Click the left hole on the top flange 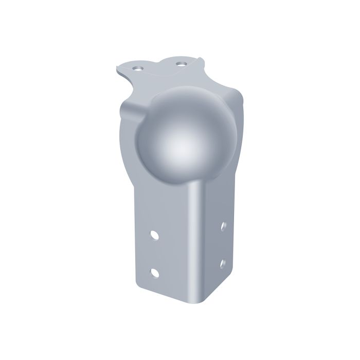coord(137,67)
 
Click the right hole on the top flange coord(180,63)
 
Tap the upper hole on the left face coord(154,235)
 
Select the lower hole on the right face coord(223,263)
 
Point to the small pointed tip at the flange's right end coord(202,59)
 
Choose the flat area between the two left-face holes coord(154,253)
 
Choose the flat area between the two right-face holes coord(223,245)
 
